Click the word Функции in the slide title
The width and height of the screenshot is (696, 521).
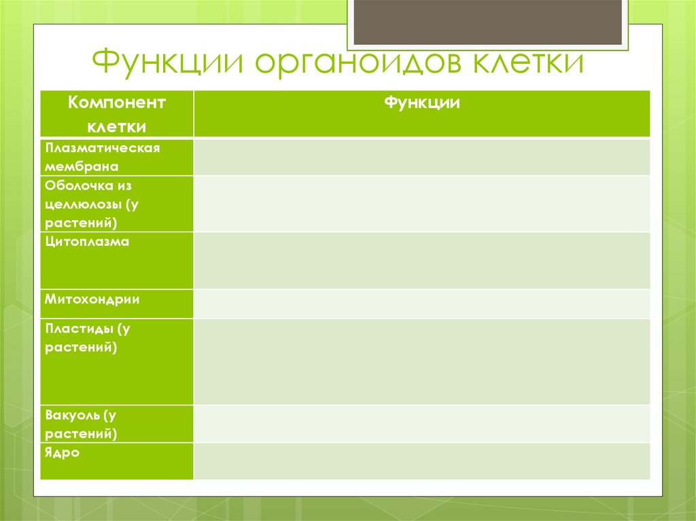click(x=169, y=61)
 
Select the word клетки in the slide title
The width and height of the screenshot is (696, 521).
click(x=528, y=62)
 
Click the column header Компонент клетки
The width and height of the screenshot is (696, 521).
click(x=117, y=115)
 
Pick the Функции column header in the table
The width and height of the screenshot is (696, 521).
click(x=421, y=103)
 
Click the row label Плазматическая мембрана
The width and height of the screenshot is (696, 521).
click(x=103, y=157)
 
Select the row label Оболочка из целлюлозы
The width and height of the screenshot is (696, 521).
click(x=92, y=204)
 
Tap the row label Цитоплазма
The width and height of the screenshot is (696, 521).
click(x=87, y=241)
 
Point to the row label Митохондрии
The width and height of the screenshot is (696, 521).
click(x=92, y=300)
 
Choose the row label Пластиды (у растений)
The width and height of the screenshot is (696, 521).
click(x=88, y=338)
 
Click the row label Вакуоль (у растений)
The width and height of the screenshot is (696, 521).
click(x=82, y=425)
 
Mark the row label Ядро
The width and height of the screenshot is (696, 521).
click(x=62, y=453)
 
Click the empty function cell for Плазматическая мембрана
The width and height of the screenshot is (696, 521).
click(x=421, y=157)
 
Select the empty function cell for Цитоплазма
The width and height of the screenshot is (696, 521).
click(x=421, y=261)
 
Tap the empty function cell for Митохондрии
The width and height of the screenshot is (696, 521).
click(x=421, y=304)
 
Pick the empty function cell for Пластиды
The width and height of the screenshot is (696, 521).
click(x=421, y=361)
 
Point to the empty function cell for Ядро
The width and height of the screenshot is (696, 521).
click(x=421, y=461)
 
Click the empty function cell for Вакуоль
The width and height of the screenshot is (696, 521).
click(x=421, y=424)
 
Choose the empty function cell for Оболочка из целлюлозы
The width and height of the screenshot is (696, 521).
click(x=421, y=204)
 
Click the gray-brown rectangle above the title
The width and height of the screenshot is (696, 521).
click(x=488, y=22)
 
